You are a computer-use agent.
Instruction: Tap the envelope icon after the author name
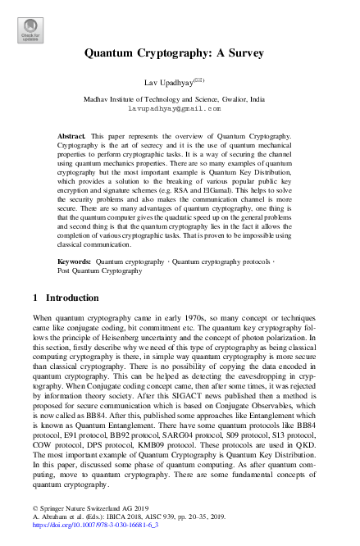(210, 80)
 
